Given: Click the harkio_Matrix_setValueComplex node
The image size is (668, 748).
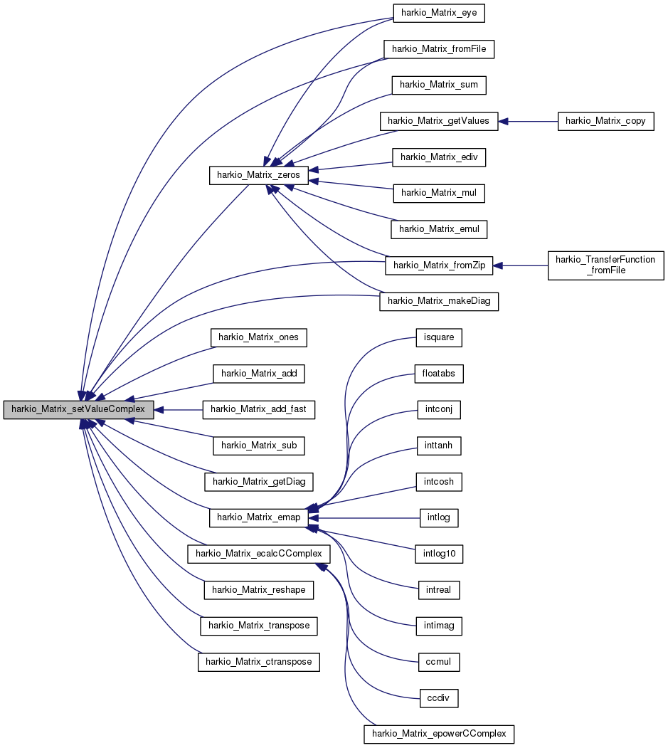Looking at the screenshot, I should pos(78,410).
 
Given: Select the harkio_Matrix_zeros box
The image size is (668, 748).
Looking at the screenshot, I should pos(258,176).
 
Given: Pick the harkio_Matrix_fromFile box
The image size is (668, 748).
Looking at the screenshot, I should pos(439,49).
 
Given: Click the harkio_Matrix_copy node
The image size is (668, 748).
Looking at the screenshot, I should pos(605,121).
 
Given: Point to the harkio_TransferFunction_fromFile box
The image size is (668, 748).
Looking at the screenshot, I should pos(605,265).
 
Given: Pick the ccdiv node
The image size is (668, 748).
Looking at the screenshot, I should pos(438,697).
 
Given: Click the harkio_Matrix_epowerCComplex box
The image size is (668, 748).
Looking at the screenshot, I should pos(439,734).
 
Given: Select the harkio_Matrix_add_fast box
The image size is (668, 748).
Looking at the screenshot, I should pos(259,410).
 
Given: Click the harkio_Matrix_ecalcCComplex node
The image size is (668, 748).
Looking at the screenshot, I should pos(259,553).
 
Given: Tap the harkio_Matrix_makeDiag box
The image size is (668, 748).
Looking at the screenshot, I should pos(439,302).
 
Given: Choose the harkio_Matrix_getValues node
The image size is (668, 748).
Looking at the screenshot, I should pos(439,121).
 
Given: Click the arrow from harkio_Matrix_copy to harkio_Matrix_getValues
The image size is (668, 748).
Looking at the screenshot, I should pos(527,121).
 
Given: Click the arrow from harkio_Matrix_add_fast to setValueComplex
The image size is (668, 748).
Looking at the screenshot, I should pos(179,410).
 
